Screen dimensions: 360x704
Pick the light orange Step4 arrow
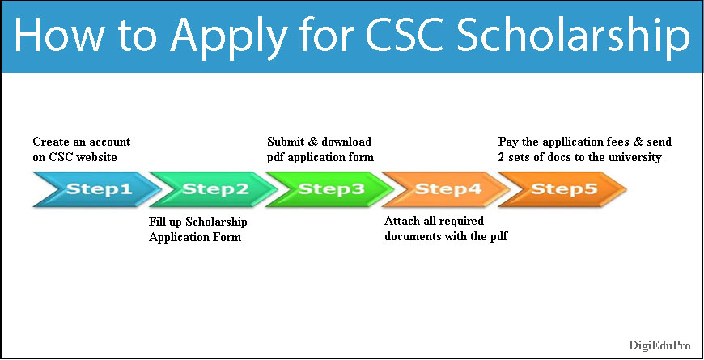point(447,189)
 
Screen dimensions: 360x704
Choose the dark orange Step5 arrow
point(562,189)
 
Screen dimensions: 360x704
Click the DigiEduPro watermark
point(659,345)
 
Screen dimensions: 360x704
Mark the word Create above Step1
point(50,142)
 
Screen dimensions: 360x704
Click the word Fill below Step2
point(159,222)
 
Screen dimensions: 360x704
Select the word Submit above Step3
point(286,142)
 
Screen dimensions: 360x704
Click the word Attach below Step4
point(402,221)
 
